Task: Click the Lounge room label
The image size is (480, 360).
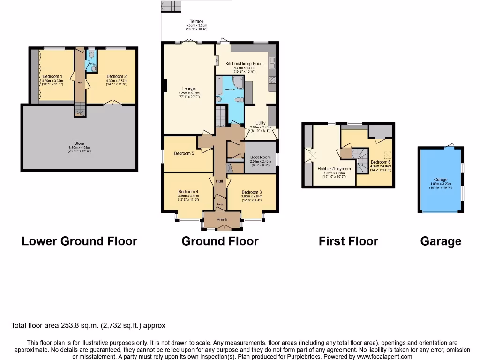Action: coord(189,89)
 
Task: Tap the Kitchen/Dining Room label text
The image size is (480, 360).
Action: coord(244,63)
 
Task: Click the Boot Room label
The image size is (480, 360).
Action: coord(260,157)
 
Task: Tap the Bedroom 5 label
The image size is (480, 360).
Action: coord(184,153)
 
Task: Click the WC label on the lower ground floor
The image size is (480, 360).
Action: coord(92,63)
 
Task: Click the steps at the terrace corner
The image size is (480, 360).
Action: coord(168,6)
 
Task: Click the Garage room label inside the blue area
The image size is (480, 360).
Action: coord(440,180)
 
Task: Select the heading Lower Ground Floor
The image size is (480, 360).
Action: coord(79,241)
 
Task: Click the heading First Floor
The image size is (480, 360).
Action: coord(348,241)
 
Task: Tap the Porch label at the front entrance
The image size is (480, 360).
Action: coord(222,220)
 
